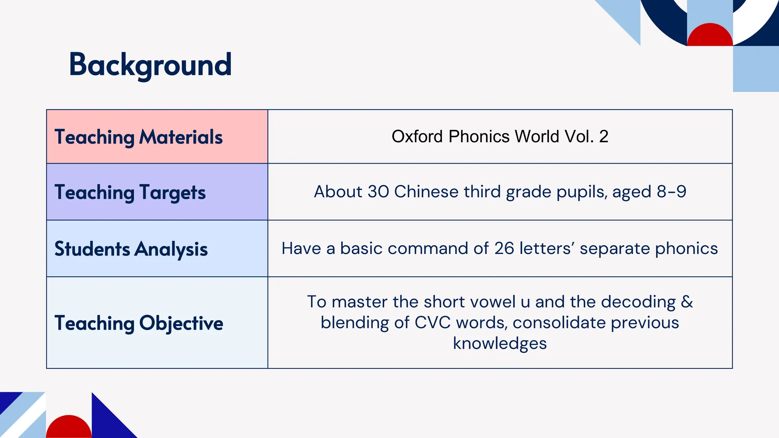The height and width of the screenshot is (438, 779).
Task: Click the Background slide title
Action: [150, 65]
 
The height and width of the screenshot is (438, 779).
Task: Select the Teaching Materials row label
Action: [138, 137]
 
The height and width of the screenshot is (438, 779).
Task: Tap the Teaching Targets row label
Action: [130, 192]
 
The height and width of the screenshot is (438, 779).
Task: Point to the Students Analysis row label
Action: [131, 249]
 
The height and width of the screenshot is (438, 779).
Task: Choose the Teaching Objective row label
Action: [139, 323]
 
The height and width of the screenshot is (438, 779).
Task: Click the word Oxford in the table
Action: [417, 136]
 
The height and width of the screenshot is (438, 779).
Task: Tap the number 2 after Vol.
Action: [604, 136]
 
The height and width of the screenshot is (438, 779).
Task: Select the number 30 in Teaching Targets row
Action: [378, 192]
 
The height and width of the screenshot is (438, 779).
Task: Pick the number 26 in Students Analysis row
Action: [504, 249]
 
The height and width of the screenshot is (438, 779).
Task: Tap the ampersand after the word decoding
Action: [687, 302]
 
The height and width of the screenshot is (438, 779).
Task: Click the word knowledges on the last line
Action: [500, 343]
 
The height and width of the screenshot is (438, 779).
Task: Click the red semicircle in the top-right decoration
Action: [710, 36]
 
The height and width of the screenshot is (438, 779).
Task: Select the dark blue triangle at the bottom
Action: [108, 422]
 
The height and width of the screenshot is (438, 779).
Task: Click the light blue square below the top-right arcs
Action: [755, 69]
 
